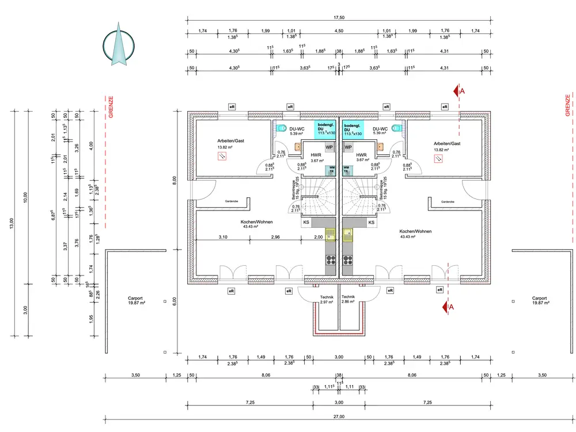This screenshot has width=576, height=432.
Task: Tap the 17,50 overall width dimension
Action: pyautogui.click(x=338, y=18)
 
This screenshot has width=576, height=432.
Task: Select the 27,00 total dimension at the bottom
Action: pyautogui.click(x=338, y=416)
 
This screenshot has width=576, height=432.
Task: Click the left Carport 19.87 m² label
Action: pyautogui.click(x=137, y=301)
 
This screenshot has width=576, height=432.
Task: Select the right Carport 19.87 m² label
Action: pyautogui.click(x=539, y=301)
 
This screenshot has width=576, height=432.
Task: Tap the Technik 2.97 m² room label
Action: pyautogui.click(x=327, y=299)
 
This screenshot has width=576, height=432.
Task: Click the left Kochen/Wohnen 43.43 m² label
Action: pyautogui.click(x=257, y=224)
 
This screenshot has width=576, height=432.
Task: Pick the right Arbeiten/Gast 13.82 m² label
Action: pyautogui.click(x=448, y=146)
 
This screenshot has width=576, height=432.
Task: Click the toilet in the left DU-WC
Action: pyautogui.click(x=282, y=128)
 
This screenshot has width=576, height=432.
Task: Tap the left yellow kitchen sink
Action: pyautogui.click(x=331, y=234)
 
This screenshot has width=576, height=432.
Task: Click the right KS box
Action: pyautogui.click(x=372, y=222)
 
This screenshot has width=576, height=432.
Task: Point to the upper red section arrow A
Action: pyautogui.click(x=457, y=90)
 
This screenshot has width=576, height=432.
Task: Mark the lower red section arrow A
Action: pyautogui.click(x=445, y=307)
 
